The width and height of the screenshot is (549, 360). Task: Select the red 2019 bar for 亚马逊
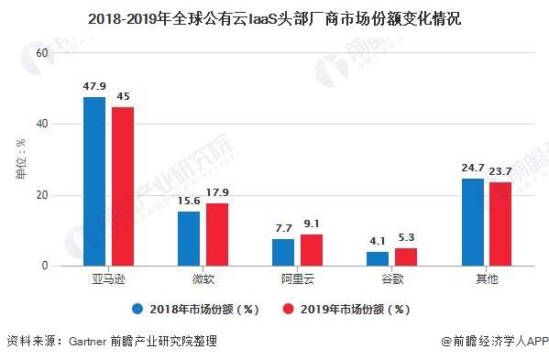click(x=123, y=187)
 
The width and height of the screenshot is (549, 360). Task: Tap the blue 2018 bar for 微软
click(x=189, y=239)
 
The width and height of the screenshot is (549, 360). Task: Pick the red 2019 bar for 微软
click(x=217, y=235)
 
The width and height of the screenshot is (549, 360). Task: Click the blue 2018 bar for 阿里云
click(x=283, y=253)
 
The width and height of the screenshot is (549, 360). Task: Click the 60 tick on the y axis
click(x=40, y=53)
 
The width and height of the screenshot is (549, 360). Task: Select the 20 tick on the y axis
click(x=40, y=195)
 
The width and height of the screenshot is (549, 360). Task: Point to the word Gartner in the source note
click(x=90, y=342)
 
